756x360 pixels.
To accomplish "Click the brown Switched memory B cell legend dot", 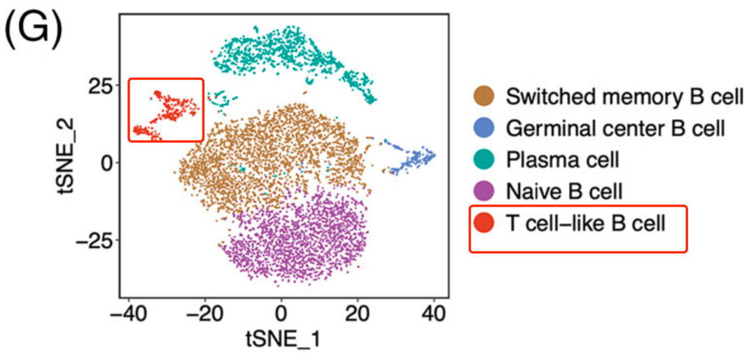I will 484,97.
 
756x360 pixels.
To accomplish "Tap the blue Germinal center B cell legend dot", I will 484,128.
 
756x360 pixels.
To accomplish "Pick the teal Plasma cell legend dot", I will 484,160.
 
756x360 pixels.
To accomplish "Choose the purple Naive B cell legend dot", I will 484,191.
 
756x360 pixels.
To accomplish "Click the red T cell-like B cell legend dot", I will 484,223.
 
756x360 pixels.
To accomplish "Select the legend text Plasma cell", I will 562,160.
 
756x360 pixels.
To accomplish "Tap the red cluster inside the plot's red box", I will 168,112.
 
